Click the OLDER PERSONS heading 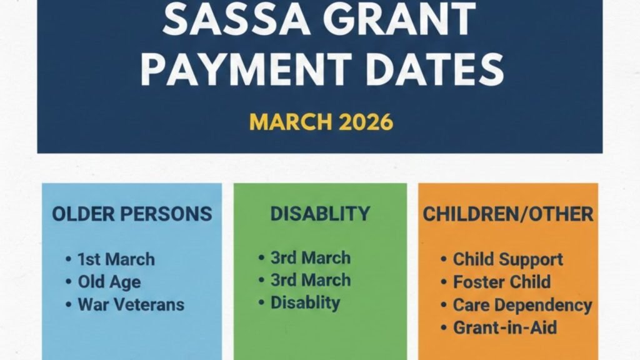click(x=132, y=214)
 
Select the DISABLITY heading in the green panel click(x=320, y=213)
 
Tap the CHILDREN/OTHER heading click(x=508, y=214)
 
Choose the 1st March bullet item click(x=116, y=259)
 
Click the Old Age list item click(x=109, y=282)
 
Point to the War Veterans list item click(x=131, y=304)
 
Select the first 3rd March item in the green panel click(x=310, y=257)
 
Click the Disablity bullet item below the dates click(x=305, y=303)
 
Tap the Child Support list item click(x=507, y=259)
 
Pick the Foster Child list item click(x=502, y=282)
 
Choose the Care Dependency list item click(x=522, y=305)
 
